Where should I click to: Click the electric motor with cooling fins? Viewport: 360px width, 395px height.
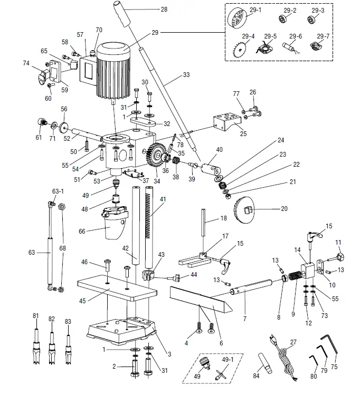[112, 70]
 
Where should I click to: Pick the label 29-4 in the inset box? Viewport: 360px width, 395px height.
[248, 36]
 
